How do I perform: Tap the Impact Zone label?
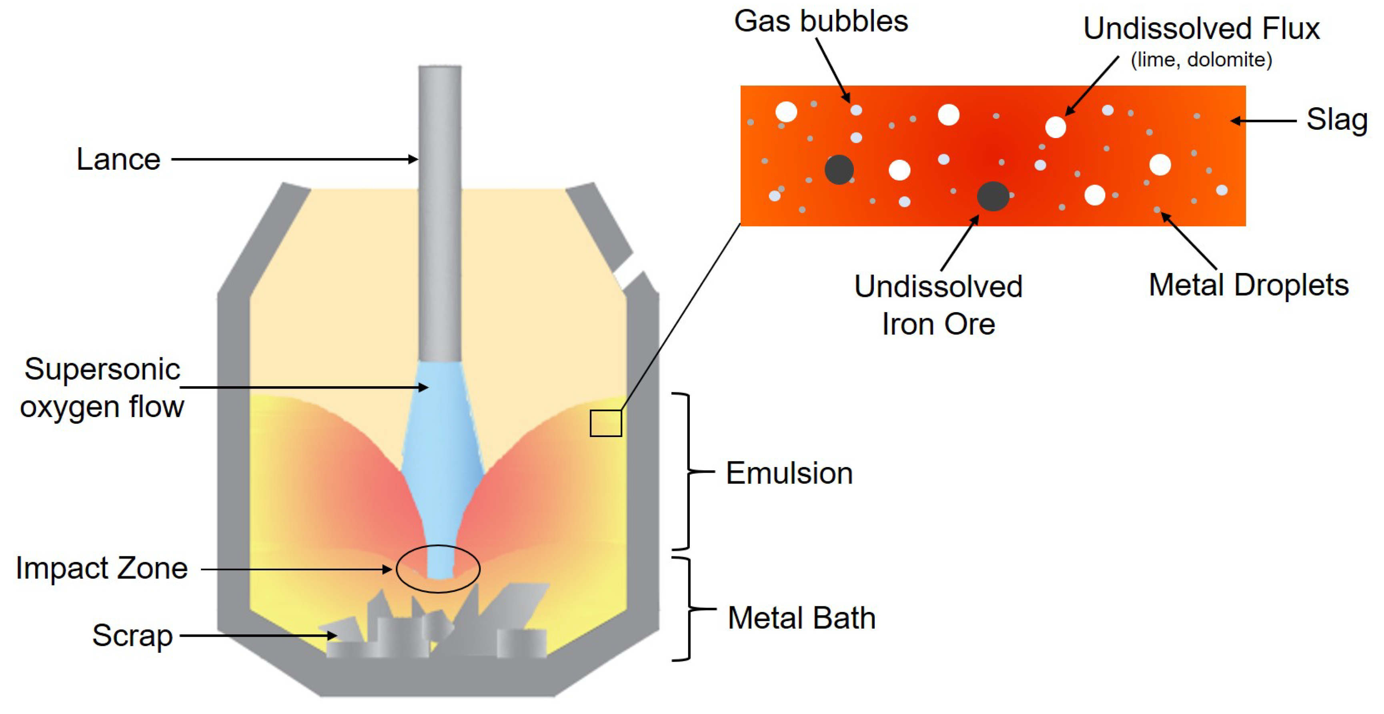point(102,568)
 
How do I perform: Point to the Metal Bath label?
point(801,618)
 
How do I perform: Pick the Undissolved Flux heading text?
point(1201,29)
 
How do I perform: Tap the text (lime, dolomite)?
point(1201,60)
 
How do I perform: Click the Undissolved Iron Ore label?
point(938,305)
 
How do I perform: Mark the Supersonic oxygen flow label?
point(102,388)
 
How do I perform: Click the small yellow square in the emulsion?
point(605,423)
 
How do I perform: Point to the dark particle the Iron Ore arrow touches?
point(992,196)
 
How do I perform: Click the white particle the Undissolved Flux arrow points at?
point(1055,127)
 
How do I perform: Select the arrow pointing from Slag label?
point(1263,121)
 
